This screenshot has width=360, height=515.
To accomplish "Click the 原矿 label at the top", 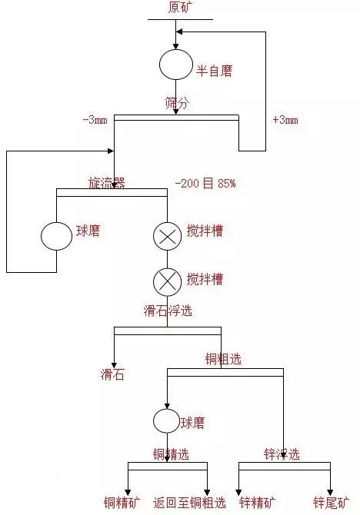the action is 179,7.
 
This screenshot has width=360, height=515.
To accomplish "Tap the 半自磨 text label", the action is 215,71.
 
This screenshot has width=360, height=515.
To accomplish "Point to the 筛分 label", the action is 177,103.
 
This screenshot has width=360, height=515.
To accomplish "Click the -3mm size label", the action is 95,120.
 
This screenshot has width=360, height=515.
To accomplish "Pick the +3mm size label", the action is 285,120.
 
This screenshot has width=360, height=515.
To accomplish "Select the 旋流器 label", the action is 107,183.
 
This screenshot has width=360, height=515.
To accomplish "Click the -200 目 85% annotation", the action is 206,183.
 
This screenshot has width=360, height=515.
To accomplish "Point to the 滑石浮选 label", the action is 168,311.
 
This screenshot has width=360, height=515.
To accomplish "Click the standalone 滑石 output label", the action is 112,374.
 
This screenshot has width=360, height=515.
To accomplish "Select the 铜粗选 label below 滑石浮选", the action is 224,359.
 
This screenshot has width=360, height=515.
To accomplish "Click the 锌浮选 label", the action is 282,454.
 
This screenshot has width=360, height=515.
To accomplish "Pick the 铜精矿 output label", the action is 122,503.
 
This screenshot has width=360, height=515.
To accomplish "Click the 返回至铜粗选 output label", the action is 190,503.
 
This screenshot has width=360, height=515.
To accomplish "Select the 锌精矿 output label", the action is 258,503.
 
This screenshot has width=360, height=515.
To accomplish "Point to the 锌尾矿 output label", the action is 331,503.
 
